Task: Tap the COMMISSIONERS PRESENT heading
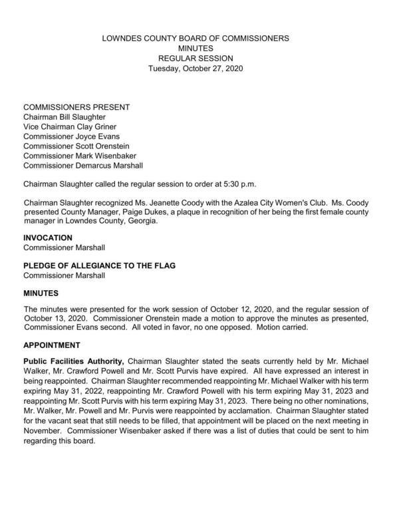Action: click(x=76, y=107)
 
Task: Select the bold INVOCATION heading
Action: click(x=49, y=238)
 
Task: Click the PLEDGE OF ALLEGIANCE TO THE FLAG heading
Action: click(x=99, y=265)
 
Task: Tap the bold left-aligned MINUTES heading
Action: click(x=42, y=293)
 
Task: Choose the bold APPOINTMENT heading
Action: click(x=52, y=345)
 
